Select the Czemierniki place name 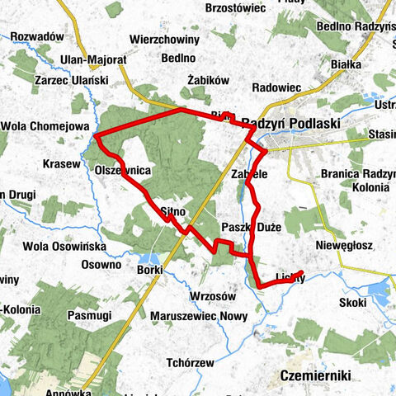(x=316, y=375)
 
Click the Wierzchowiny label (x=164, y=38)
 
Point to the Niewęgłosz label (x=346, y=245)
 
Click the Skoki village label (x=351, y=303)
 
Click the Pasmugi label (x=90, y=316)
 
